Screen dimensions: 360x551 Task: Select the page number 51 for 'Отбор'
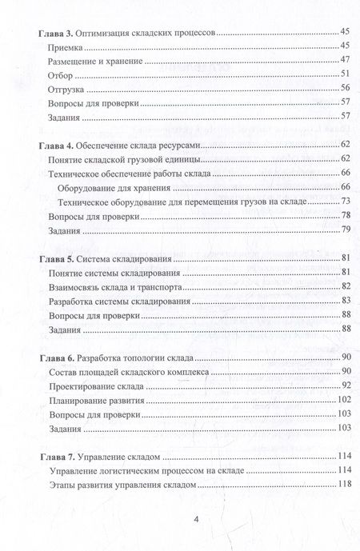(x=346, y=75)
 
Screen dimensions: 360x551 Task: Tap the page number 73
(x=346, y=201)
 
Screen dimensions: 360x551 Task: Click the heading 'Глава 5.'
(x=57, y=259)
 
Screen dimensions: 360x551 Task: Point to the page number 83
(x=346, y=301)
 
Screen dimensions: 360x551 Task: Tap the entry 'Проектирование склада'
(x=96, y=385)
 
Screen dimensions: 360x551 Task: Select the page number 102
(x=343, y=399)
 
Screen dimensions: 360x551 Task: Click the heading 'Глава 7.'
(x=57, y=457)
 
